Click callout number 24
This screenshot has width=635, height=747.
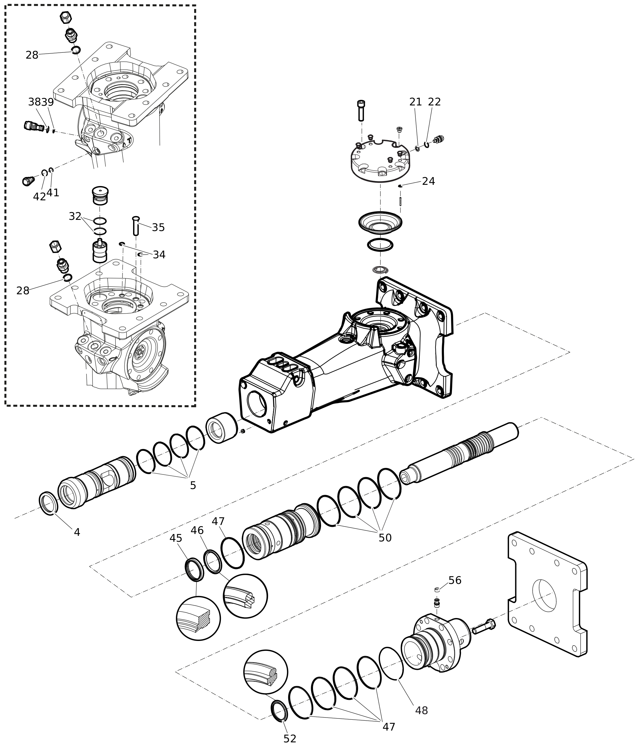click(x=428, y=181)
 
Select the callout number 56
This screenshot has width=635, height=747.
click(x=455, y=580)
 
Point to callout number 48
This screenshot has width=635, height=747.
click(x=422, y=710)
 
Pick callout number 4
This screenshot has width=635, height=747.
click(x=77, y=532)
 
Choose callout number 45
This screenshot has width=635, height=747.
click(x=176, y=538)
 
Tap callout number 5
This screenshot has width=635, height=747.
click(x=193, y=485)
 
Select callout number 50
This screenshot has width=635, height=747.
click(x=385, y=538)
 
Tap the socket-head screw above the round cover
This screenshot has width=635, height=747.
click(x=361, y=110)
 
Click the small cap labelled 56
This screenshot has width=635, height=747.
click(x=437, y=590)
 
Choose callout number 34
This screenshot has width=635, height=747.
click(x=159, y=255)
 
